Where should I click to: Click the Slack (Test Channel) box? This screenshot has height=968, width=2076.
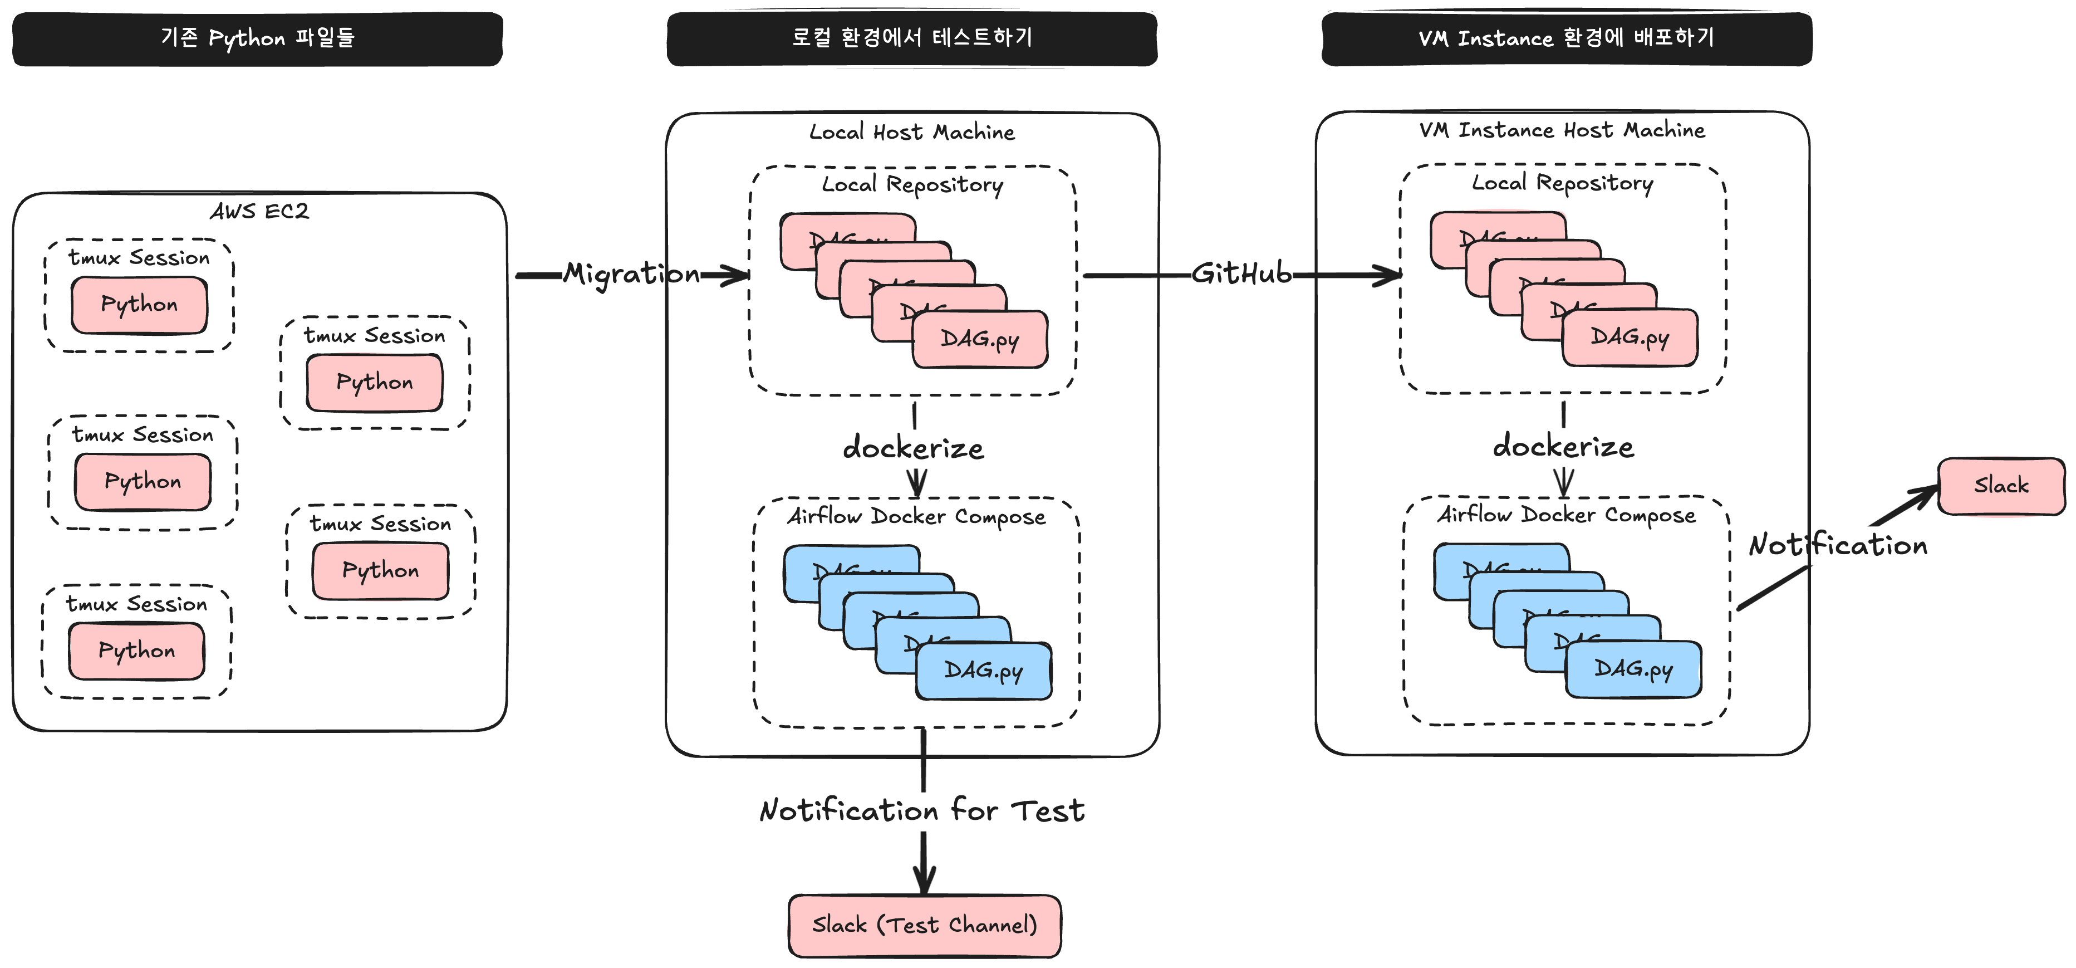pyautogui.click(x=924, y=925)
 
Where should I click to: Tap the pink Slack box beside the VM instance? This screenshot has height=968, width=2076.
pyautogui.click(x=2000, y=485)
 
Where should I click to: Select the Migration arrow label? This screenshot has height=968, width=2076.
pyautogui.click(x=631, y=274)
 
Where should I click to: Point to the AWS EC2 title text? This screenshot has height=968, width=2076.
pyautogui.click(x=259, y=211)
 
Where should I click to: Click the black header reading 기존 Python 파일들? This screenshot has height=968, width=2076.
pyautogui.click(x=257, y=38)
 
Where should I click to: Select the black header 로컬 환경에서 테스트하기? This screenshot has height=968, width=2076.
pyautogui.click(x=911, y=38)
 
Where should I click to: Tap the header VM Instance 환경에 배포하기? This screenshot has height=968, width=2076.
pyautogui.click(x=1566, y=38)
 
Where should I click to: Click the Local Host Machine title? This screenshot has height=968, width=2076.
pyautogui.click(x=911, y=132)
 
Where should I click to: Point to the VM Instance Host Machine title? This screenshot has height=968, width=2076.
pyautogui.click(x=1562, y=130)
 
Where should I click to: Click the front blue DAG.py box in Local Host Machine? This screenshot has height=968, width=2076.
pyautogui.click(x=983, y=671)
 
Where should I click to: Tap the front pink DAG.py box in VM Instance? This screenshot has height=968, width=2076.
pyautogui.click(x=1630, y=337)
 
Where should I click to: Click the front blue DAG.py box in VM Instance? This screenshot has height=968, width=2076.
pyautogui.click(x=1633, y=669)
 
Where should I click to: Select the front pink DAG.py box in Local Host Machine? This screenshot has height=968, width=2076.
pyautogui.click(x=980, y=339)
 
